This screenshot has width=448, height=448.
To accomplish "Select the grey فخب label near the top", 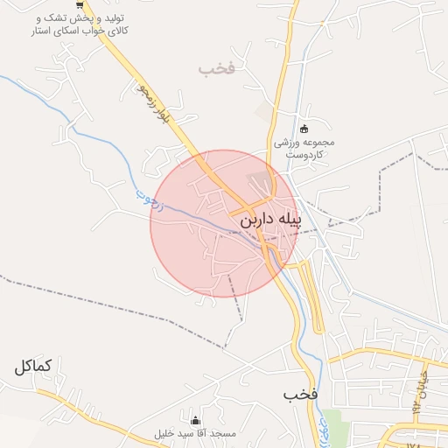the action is coord(218,67).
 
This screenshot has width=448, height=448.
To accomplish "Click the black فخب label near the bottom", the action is coord(298,395).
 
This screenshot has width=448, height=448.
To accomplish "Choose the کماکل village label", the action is coord(38,366).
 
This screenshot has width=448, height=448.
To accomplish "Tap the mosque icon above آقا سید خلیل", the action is coord(194,421).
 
